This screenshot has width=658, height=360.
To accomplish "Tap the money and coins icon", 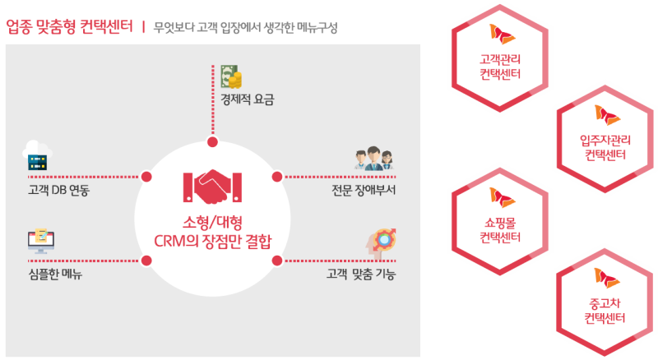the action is (x=232, y=76).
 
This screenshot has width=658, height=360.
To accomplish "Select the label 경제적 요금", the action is (x=248, y=99).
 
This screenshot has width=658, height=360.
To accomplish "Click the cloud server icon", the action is (x=37, y=155).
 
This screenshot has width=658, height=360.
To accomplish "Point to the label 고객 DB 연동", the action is (x=58, y=190).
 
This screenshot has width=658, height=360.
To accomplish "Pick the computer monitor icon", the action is (x=40, y=241).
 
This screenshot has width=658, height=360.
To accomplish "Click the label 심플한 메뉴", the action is (x=55, y=274).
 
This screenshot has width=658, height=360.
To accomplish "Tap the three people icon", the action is (x=374, y=158).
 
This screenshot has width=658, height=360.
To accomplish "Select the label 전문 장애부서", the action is (x=364, y=190).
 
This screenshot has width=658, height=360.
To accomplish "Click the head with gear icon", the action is (x=381, y=242).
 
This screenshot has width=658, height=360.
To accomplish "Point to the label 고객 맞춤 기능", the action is (x=361, y=274).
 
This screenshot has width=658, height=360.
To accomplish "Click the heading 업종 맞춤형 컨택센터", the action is (x=69, y=27).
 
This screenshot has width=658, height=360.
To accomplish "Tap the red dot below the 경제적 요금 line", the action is (x=213, y=142).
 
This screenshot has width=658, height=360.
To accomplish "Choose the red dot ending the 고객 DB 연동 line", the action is (x=146, y=177).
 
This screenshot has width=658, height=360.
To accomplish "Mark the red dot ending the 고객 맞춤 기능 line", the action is (x=277, y=261).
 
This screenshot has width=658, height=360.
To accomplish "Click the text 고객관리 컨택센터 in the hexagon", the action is (x=500, y=67).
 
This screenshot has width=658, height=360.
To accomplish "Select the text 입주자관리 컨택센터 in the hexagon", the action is (x=605, y=148).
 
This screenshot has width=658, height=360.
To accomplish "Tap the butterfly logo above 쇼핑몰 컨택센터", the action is (x=502, y=197).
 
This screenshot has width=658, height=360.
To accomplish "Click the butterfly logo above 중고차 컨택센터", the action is (x=607, y=278).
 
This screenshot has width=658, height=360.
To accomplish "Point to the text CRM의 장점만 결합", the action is (x=213, y=242).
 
